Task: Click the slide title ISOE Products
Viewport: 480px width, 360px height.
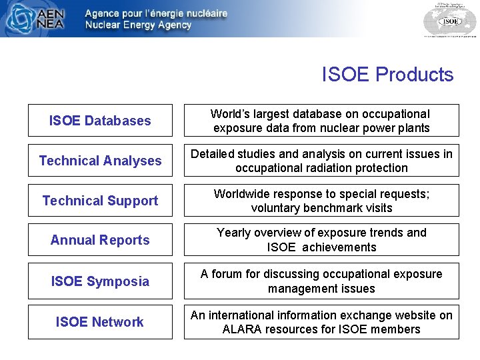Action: pyautogui.click(x=387, y=75)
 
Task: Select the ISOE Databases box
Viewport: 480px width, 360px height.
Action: pyautogui.click(x=100, y=121)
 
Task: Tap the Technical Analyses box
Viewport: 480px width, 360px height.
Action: pyautogui.click(x=100, y=161)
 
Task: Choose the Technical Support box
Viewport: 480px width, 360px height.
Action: pyautogui.click(x=100, y=201)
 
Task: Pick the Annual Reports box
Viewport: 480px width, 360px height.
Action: pyautogui.click(x=100, y=240)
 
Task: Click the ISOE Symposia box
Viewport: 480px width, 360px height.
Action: pyautogui.click(x=100, y=281)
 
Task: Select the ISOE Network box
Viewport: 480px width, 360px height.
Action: pyautogui.click(x=100, y=322)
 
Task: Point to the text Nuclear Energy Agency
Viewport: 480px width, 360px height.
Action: pyautogui.click(x=138, y=25)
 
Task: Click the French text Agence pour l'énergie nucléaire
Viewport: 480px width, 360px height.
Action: pyautogui.click(x=156, y=13)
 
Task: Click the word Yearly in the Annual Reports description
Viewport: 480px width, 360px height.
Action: pyautogui.click(x=234, y=233)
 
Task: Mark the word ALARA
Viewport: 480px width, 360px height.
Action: pyautogui.click(x=243, y=329)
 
